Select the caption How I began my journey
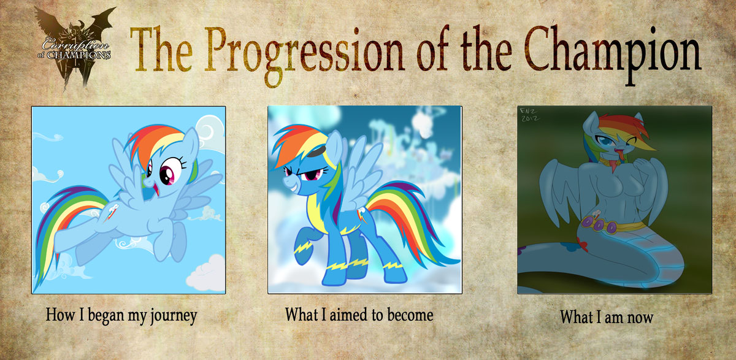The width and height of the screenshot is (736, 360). click(x=121, y=316)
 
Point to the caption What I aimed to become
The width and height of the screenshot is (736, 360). click(x=359, y=315)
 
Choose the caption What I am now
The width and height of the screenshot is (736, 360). click(x=606, y=317)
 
